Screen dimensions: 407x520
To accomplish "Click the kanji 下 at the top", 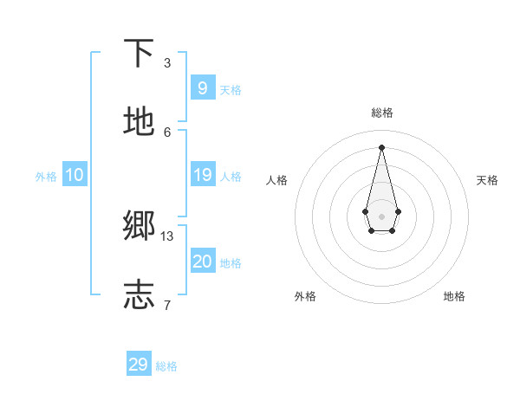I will (140, 54).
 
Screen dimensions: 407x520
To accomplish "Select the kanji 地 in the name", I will (140, 122).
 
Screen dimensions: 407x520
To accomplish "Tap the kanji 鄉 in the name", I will (140, 227).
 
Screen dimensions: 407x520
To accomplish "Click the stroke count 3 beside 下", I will (167, 63).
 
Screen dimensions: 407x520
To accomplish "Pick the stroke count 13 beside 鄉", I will (167, 236).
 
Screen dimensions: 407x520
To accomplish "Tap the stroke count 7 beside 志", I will (167, 305).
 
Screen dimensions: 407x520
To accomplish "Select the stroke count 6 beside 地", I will (167, 132).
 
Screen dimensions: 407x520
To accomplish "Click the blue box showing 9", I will (202, 87).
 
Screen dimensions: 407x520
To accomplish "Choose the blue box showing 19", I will (202, 175).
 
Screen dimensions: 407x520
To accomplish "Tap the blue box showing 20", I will (202, 262).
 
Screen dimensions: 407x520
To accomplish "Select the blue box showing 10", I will (74, 175).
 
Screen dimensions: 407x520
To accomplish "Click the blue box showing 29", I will (138, 365).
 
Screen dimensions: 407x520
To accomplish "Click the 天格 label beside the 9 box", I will (231, 90).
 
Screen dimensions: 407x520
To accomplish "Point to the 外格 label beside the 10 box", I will (46, 177).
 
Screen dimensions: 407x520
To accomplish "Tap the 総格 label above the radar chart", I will (382, 113).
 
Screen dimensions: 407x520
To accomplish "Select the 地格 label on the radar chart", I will (454, 296).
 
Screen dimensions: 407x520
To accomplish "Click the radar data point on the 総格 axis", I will (381, 146).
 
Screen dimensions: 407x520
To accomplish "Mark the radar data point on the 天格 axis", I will (398, 211).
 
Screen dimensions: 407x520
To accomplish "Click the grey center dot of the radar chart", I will (381, 216).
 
